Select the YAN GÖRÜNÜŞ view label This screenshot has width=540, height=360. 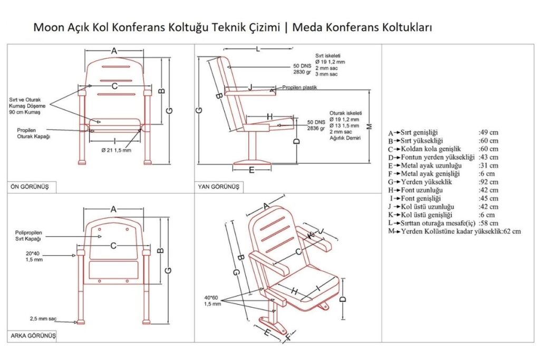tap(218, 187)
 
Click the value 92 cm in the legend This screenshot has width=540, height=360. tap(488, 182)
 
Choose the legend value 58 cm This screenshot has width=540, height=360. tap(488, 223)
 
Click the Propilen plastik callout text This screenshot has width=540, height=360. tap(299, 88)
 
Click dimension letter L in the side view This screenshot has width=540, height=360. tap(257, 50)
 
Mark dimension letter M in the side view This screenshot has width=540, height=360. tap(369, 127)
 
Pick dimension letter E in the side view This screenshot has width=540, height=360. tap(252, 170)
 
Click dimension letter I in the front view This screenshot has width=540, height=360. tap(114, 141)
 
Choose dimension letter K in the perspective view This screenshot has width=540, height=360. tap(312, 236)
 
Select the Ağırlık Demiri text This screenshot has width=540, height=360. tap(344, 138)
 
